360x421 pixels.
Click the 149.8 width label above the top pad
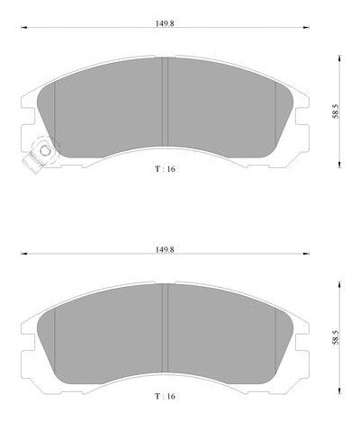pos(165,23)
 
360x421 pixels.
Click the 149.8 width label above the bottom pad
pos(165,249)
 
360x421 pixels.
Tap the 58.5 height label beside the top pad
pos(336,112)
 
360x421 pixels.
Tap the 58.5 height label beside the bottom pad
pos(336,337)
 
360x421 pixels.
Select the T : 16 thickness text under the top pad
pos(165,169)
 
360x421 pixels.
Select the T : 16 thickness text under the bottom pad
pos(165,397)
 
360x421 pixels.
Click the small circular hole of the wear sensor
pos(45,150)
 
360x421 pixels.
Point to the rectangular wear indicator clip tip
pos(31,162)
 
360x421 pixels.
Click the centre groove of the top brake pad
pos(165,103)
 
